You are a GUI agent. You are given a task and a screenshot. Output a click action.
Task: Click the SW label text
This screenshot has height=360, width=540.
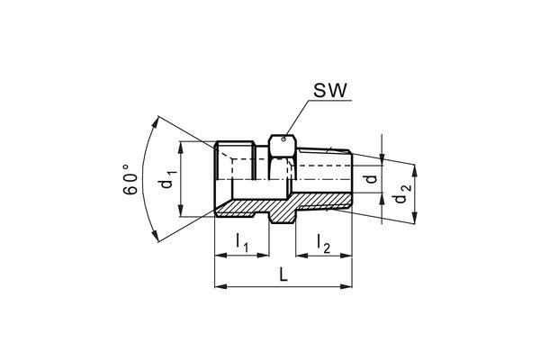[327, 91]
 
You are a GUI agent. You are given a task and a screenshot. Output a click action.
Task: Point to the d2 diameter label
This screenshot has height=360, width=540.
[404, 192]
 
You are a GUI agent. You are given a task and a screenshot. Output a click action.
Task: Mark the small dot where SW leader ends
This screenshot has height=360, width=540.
[282, 139]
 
